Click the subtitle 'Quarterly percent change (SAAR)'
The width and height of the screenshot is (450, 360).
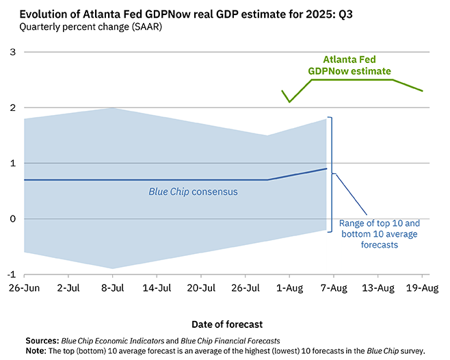tap(85, 27)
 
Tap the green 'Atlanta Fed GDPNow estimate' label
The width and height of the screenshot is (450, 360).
tap(358, 65)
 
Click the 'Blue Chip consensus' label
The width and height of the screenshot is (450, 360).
tap(194, 192)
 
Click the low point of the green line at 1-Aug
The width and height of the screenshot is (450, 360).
tap(289, 102)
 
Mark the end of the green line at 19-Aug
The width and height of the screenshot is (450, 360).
tap(422, 91)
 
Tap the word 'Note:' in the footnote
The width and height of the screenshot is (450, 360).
tap(38, 350)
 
